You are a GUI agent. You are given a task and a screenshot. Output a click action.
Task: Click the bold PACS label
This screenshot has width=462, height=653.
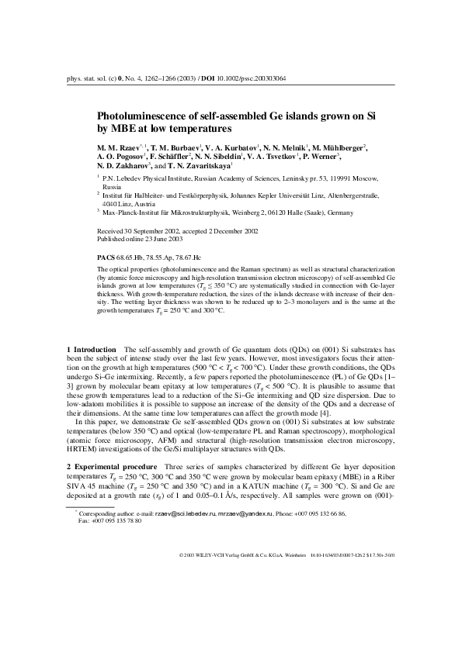pyautogui.click(x=106, y=256)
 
